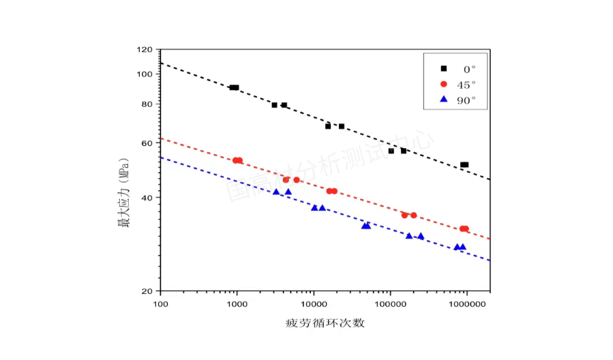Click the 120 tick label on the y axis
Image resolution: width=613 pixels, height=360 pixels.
pos(144,50)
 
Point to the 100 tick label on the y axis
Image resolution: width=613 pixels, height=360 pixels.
pos(144,74)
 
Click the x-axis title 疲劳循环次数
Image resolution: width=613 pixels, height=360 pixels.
pos(325,322)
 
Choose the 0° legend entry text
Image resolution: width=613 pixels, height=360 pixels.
pos(469,69)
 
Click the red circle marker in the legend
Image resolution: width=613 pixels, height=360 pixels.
pos(443,84)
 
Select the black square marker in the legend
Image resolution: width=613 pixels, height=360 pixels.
pos(443,68)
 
